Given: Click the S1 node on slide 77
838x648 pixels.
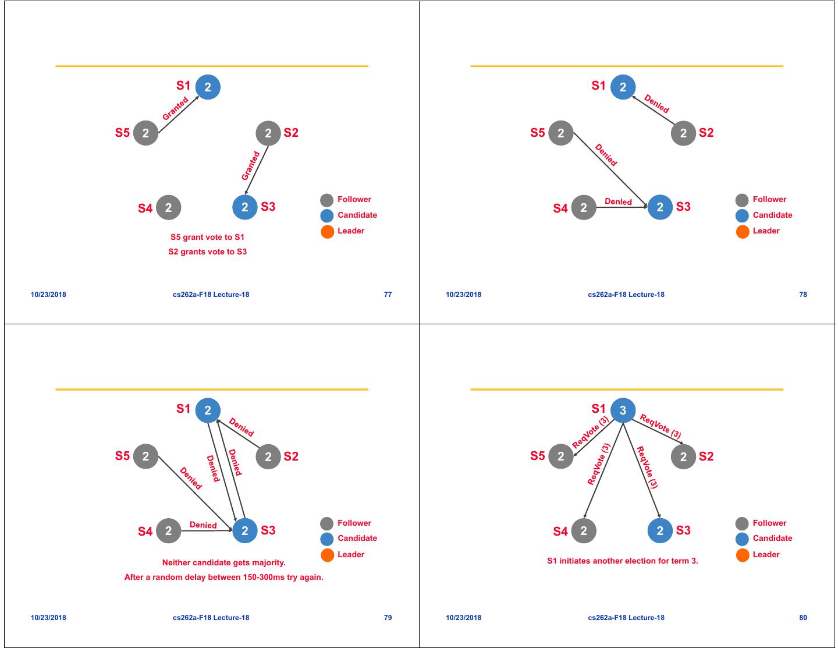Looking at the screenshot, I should pos(208,87).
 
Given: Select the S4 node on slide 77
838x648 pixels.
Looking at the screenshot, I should pos(168,207).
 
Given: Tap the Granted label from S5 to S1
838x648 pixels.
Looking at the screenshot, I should pos(175,109).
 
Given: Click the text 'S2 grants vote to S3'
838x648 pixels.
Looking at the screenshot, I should pos(207,252).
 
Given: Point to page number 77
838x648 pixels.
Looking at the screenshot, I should pos(388,295).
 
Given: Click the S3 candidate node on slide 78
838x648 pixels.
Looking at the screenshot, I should pos(659,207).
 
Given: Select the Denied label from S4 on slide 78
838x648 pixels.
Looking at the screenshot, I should pos(618,201).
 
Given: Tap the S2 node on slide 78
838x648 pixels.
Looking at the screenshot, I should pos(683,133).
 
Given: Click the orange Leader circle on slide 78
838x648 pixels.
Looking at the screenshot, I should pos(743,232).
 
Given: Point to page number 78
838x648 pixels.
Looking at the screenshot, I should pos(803,295).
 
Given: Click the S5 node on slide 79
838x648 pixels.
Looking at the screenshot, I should pos(145,456).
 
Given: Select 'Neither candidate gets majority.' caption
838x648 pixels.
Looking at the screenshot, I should pos(223,562).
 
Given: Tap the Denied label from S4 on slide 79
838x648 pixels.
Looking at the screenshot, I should pos(203,525).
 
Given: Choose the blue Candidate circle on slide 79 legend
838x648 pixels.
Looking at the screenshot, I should pos(327,539).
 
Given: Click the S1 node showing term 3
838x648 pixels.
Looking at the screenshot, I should pos(623,410).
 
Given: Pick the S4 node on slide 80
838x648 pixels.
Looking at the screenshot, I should pos(584,530).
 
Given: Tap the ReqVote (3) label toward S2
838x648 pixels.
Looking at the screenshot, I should pos(661,426).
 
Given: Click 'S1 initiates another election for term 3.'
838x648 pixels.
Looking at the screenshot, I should pos(622,561).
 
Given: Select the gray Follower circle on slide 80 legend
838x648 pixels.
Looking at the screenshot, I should pos(742,523).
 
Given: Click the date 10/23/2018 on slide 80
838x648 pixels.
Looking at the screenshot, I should pos(463,618).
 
